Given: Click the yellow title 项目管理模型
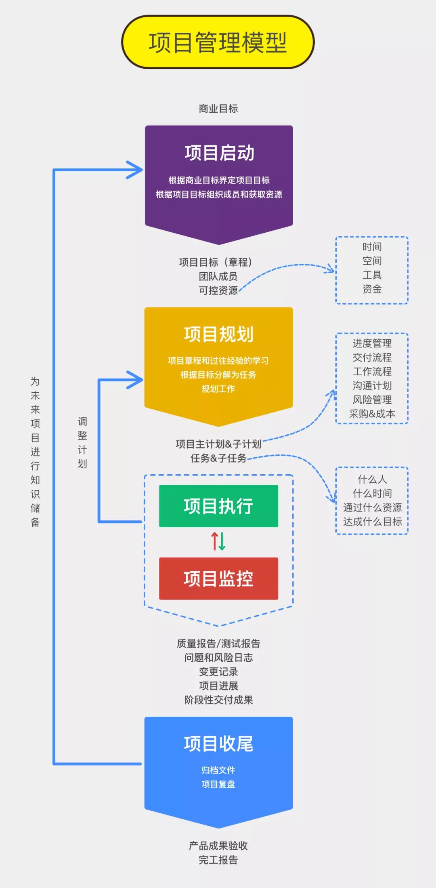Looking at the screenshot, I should point(218,42).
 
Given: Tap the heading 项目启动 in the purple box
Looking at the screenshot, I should point(219,153).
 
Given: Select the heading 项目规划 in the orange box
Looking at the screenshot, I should point(218,335).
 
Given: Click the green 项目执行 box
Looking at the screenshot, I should point(218,506).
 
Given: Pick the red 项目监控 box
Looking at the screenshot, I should point(218,579).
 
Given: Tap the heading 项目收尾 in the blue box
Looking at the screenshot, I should point(218,744).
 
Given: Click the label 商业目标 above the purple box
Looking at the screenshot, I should point(218,109).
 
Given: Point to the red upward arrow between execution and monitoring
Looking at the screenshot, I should point(215,541).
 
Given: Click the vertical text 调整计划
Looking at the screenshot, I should point(82,442).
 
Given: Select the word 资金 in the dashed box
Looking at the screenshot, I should point(372,289).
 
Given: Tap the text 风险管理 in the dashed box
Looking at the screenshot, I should point(372,400).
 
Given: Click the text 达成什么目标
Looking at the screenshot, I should point(372,522).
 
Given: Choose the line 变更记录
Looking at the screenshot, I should point(218,671).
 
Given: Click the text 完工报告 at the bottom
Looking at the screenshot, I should point(218,860).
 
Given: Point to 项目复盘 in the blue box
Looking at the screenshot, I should point(218,784).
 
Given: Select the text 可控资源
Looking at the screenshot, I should point(218,290).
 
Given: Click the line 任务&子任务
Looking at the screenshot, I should point(218,458).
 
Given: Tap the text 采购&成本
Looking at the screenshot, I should point(372,414).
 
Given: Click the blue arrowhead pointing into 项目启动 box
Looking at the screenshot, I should point(136,170).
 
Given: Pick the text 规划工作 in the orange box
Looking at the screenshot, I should point(218,389).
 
